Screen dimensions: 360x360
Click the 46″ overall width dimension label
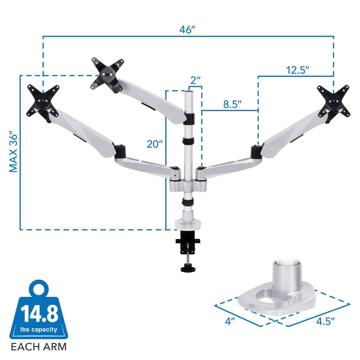[187, 30]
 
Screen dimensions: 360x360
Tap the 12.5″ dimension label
[297, 70]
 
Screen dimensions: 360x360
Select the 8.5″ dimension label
[232, 104]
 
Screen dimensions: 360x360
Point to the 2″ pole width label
[195, 80]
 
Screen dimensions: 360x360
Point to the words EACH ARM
[39, 347]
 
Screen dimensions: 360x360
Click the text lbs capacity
[39, 329]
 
